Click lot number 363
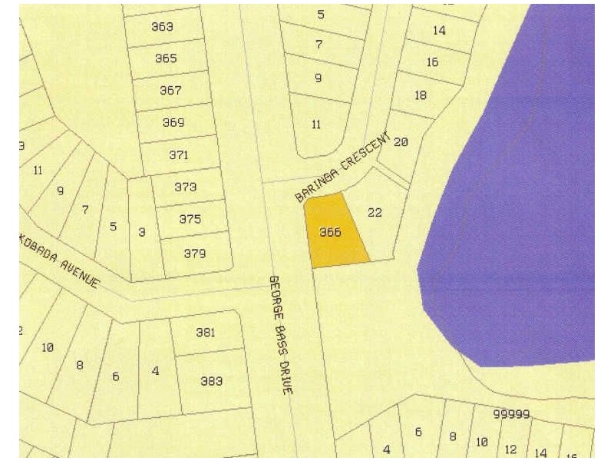pos(162,27)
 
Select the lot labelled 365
pos(166,58)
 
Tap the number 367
pos(170,91)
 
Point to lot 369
pos(173,123)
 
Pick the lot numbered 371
pos(178,155)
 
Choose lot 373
pos(185,187)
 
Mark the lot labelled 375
pos(190,219)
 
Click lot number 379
pos(194,252)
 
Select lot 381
pos(206,333)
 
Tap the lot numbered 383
pos(211,380)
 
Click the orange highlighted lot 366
pos(329,232)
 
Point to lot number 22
pos(375,213)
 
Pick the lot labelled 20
pos(401,142)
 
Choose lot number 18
pos(420,95)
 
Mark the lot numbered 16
pos(432,62)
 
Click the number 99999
pos(511,414)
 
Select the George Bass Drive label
pos(281,335)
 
